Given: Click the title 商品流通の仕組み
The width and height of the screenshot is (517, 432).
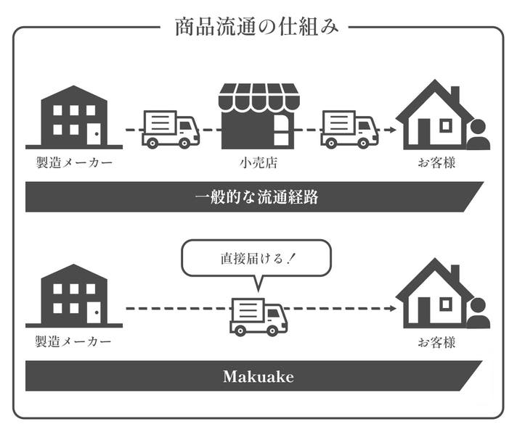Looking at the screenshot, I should click(x=256, y=28).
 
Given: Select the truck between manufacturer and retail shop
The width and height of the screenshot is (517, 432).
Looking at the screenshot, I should click(x=170, y=130).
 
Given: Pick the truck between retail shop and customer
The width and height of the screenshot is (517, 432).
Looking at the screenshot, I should click(x=349, y=130).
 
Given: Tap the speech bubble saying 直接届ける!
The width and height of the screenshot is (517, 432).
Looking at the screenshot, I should click(x=256, y=258).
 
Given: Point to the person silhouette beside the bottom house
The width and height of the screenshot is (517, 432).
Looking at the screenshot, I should click(x=478, y=313).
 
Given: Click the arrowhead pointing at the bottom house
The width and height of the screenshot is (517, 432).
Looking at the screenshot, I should click(x=391, y=308).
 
